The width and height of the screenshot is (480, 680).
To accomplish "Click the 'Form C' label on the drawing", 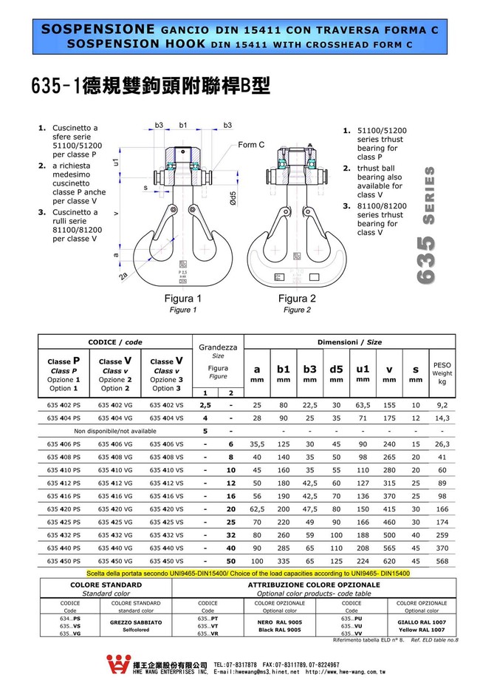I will pos(251,145).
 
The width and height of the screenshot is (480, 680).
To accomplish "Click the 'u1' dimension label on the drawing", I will pos(116,160).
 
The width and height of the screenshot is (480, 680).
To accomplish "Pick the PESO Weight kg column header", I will pos(442,373).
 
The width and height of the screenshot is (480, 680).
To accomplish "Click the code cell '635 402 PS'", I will pos(64,405).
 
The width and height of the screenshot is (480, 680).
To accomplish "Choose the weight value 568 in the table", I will pos(442,560).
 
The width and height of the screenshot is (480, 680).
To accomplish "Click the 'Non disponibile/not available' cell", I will pos(115,431).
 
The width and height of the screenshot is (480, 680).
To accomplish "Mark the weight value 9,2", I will pos(442,405).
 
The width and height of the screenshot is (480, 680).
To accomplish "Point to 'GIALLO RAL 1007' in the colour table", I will pos(422,622).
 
